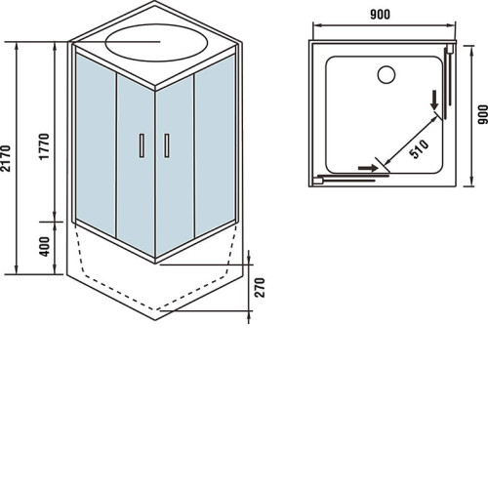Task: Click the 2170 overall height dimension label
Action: click(7, 158)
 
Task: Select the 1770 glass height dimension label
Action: click(44, 146)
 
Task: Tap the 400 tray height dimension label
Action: click(45, 246)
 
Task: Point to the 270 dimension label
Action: click(260, 287)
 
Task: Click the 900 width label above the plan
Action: click(380, 15)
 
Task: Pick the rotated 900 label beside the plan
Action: click(483, 114)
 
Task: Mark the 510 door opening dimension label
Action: click(420, 149)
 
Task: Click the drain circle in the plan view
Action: click(386, 74)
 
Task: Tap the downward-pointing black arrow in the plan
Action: click(434, 101)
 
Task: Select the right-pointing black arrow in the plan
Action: click(368, 168)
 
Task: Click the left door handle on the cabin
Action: click(142, 145)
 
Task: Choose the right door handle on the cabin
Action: click(167, 145)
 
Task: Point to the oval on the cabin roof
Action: click(156, 43)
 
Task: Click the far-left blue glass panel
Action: click(96, 144)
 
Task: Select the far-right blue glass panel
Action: click(215, 145)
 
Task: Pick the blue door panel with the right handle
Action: click(175, 165)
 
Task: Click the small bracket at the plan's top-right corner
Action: click(451, 50)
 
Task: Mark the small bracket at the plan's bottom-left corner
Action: click(316, 181)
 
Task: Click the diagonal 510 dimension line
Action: click(411, 142)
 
